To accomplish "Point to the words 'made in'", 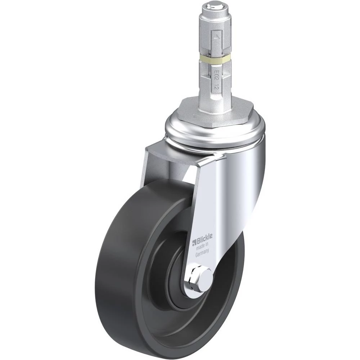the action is point(202,247).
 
